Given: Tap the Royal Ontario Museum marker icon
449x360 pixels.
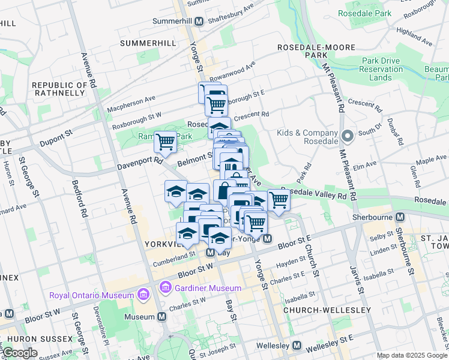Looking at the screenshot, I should point(143,295).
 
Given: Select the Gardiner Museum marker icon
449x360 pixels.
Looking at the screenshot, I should point(165,289).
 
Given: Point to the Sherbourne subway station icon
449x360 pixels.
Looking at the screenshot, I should point(400,217).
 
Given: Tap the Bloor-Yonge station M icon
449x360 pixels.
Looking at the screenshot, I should point(268,239).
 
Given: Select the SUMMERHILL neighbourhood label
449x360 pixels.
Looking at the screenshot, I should point(148,43).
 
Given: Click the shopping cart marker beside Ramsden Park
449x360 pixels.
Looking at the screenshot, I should point(165,142).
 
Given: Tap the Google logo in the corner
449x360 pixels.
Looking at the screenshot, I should point(20,353).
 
